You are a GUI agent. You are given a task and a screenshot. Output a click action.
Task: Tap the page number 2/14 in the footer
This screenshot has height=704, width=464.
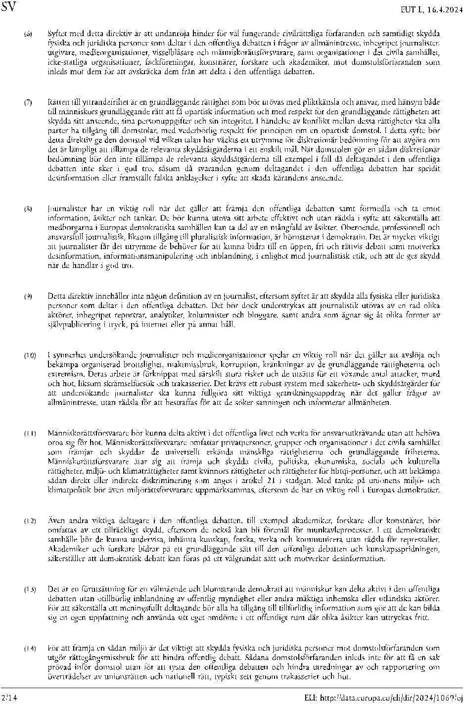tap(8, 697)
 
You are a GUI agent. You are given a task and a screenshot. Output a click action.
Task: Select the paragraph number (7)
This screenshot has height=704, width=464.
tap(29, 103)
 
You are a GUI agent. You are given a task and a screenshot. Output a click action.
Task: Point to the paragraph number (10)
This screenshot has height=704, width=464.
tap(30, 355)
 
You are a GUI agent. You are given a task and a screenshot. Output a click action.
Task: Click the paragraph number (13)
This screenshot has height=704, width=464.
tap(30, 590)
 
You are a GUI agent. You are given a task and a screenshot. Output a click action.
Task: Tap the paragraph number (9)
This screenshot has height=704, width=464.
tap(29, 296)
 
